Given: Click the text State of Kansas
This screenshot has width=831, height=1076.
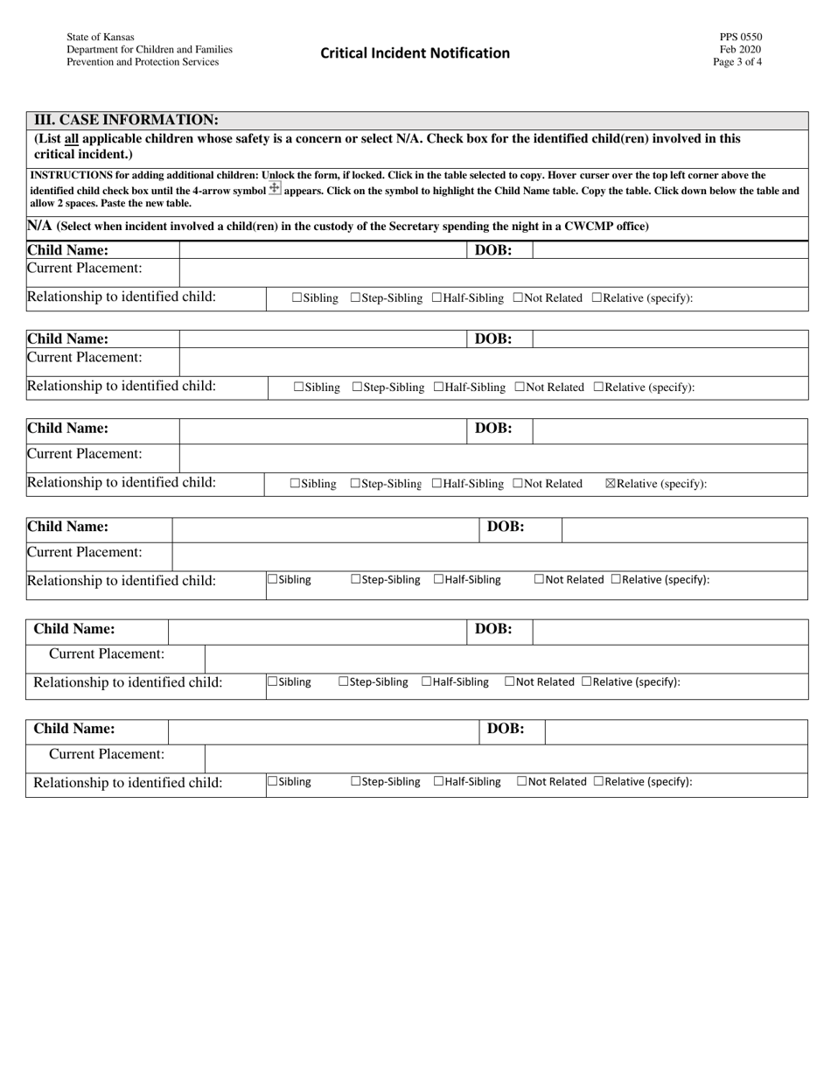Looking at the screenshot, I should (100, 38).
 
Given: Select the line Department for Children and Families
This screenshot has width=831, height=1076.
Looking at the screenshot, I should (149, 50).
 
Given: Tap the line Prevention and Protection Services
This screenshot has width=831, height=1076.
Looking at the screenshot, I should (143, 62).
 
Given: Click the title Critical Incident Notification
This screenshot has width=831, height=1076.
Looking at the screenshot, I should (415, 52).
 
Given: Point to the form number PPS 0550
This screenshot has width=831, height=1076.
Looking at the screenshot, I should (741, 38).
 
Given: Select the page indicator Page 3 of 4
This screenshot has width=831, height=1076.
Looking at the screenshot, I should (737, 62).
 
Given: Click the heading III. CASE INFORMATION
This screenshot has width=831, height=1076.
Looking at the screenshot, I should (126, 120).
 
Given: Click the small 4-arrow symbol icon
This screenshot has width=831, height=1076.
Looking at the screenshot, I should (275, 189).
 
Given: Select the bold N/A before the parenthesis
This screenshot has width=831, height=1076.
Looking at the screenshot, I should (40, 227).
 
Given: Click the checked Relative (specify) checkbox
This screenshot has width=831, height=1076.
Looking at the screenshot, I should (611, 484).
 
